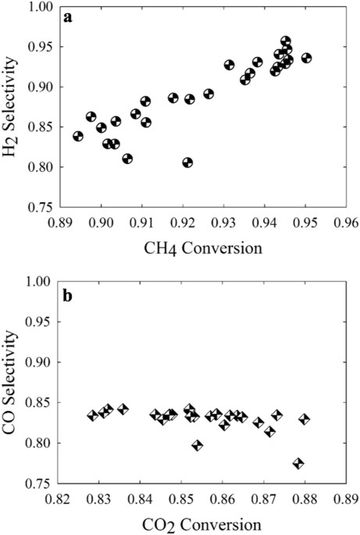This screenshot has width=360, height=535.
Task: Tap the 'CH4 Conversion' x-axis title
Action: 202,250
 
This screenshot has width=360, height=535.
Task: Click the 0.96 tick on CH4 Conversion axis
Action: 346,222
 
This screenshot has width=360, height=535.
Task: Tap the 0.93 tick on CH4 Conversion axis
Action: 223,222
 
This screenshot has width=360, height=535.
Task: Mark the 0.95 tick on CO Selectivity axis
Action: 41,323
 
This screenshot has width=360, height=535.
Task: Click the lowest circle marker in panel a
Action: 187,162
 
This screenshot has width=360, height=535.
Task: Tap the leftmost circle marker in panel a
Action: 78,136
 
